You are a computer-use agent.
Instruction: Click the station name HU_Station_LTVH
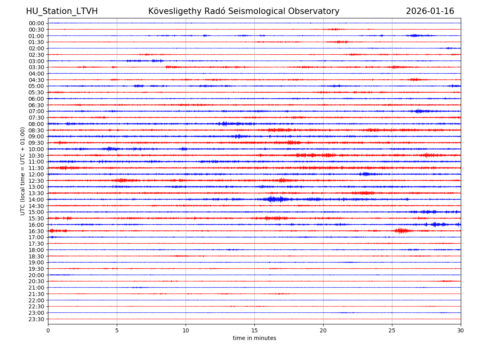pyautogui.click(x=62, y=11)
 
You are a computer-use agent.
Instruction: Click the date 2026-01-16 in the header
pyautogui.click(x=430, y=11)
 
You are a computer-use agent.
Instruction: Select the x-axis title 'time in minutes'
pyautogui.click(x=254, y=338)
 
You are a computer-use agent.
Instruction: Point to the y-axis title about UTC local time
pyautogui.click(x=23, y=171)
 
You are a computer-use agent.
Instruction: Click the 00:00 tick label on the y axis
pyautogui.click(x=36, y=23)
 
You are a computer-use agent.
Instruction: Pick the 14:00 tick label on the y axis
pyautogui.click(x=36, y=200)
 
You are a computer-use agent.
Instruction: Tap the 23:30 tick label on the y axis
pyautogui.click(x=36, y=319)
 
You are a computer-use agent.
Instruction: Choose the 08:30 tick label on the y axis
pyautogui.click(x=36, y=130)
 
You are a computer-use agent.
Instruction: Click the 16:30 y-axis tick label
pyautogui.click(x=36, y=231)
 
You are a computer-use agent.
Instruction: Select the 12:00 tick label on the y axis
pyautogui.click(x=36, y=174)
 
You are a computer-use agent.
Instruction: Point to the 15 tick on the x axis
pyautogui.click(x=254, y=330)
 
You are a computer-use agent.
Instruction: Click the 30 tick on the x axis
pyautogui.click(x=461, y=330)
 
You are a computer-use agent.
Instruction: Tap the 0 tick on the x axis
pyautogui.click(x=48, y=330)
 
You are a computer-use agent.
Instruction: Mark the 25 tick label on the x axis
pyautogui.click(x=392, y=330)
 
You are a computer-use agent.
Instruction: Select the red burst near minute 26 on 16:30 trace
pyautogui.click(x=402, y=231)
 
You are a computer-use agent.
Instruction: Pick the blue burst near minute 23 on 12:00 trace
pyautogui.click(x=364, y=174)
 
